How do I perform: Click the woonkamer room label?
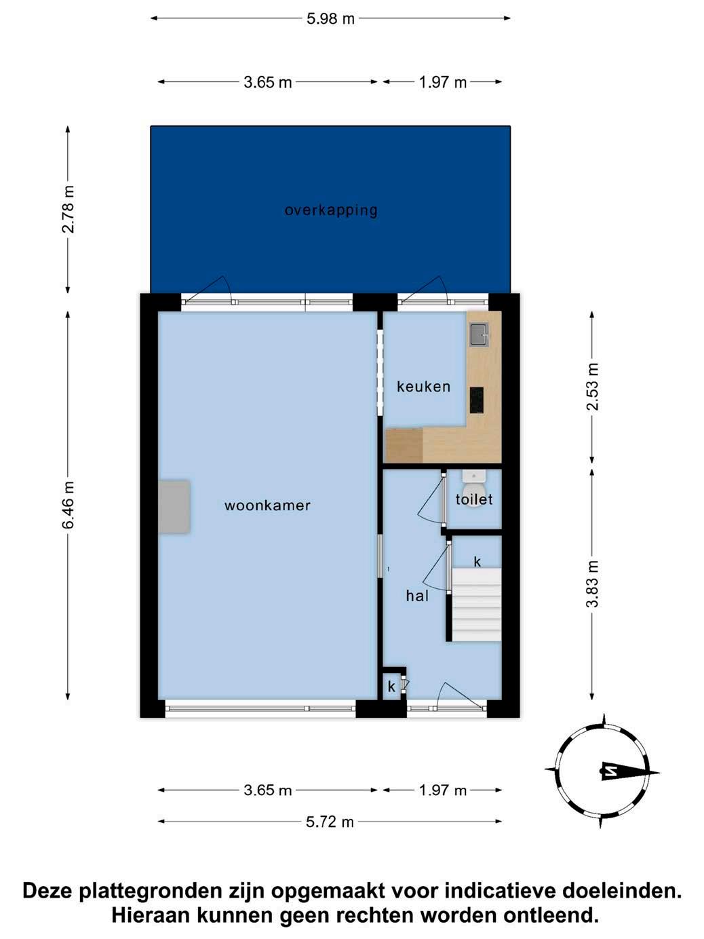coord(267,505)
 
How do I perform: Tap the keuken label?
coord(423,387)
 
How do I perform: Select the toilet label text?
coord(474,499)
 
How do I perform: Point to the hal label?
coord(417,596)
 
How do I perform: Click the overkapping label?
coord(331,211)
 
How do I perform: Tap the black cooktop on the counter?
coord(477,400)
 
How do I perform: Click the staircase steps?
coord(476,605)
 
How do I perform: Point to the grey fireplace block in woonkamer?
coord(174,507)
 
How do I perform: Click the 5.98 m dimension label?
coord(330,19)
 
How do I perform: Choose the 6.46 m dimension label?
coord(69,505)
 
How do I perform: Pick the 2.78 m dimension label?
coord(69,209)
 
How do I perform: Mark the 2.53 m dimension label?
coord(593,387)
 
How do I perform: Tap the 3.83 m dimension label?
coord(593,583)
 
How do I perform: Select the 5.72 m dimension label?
coord(330,822)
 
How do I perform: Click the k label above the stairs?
coord(477,561)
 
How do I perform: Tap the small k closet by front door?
coord(391,687)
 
